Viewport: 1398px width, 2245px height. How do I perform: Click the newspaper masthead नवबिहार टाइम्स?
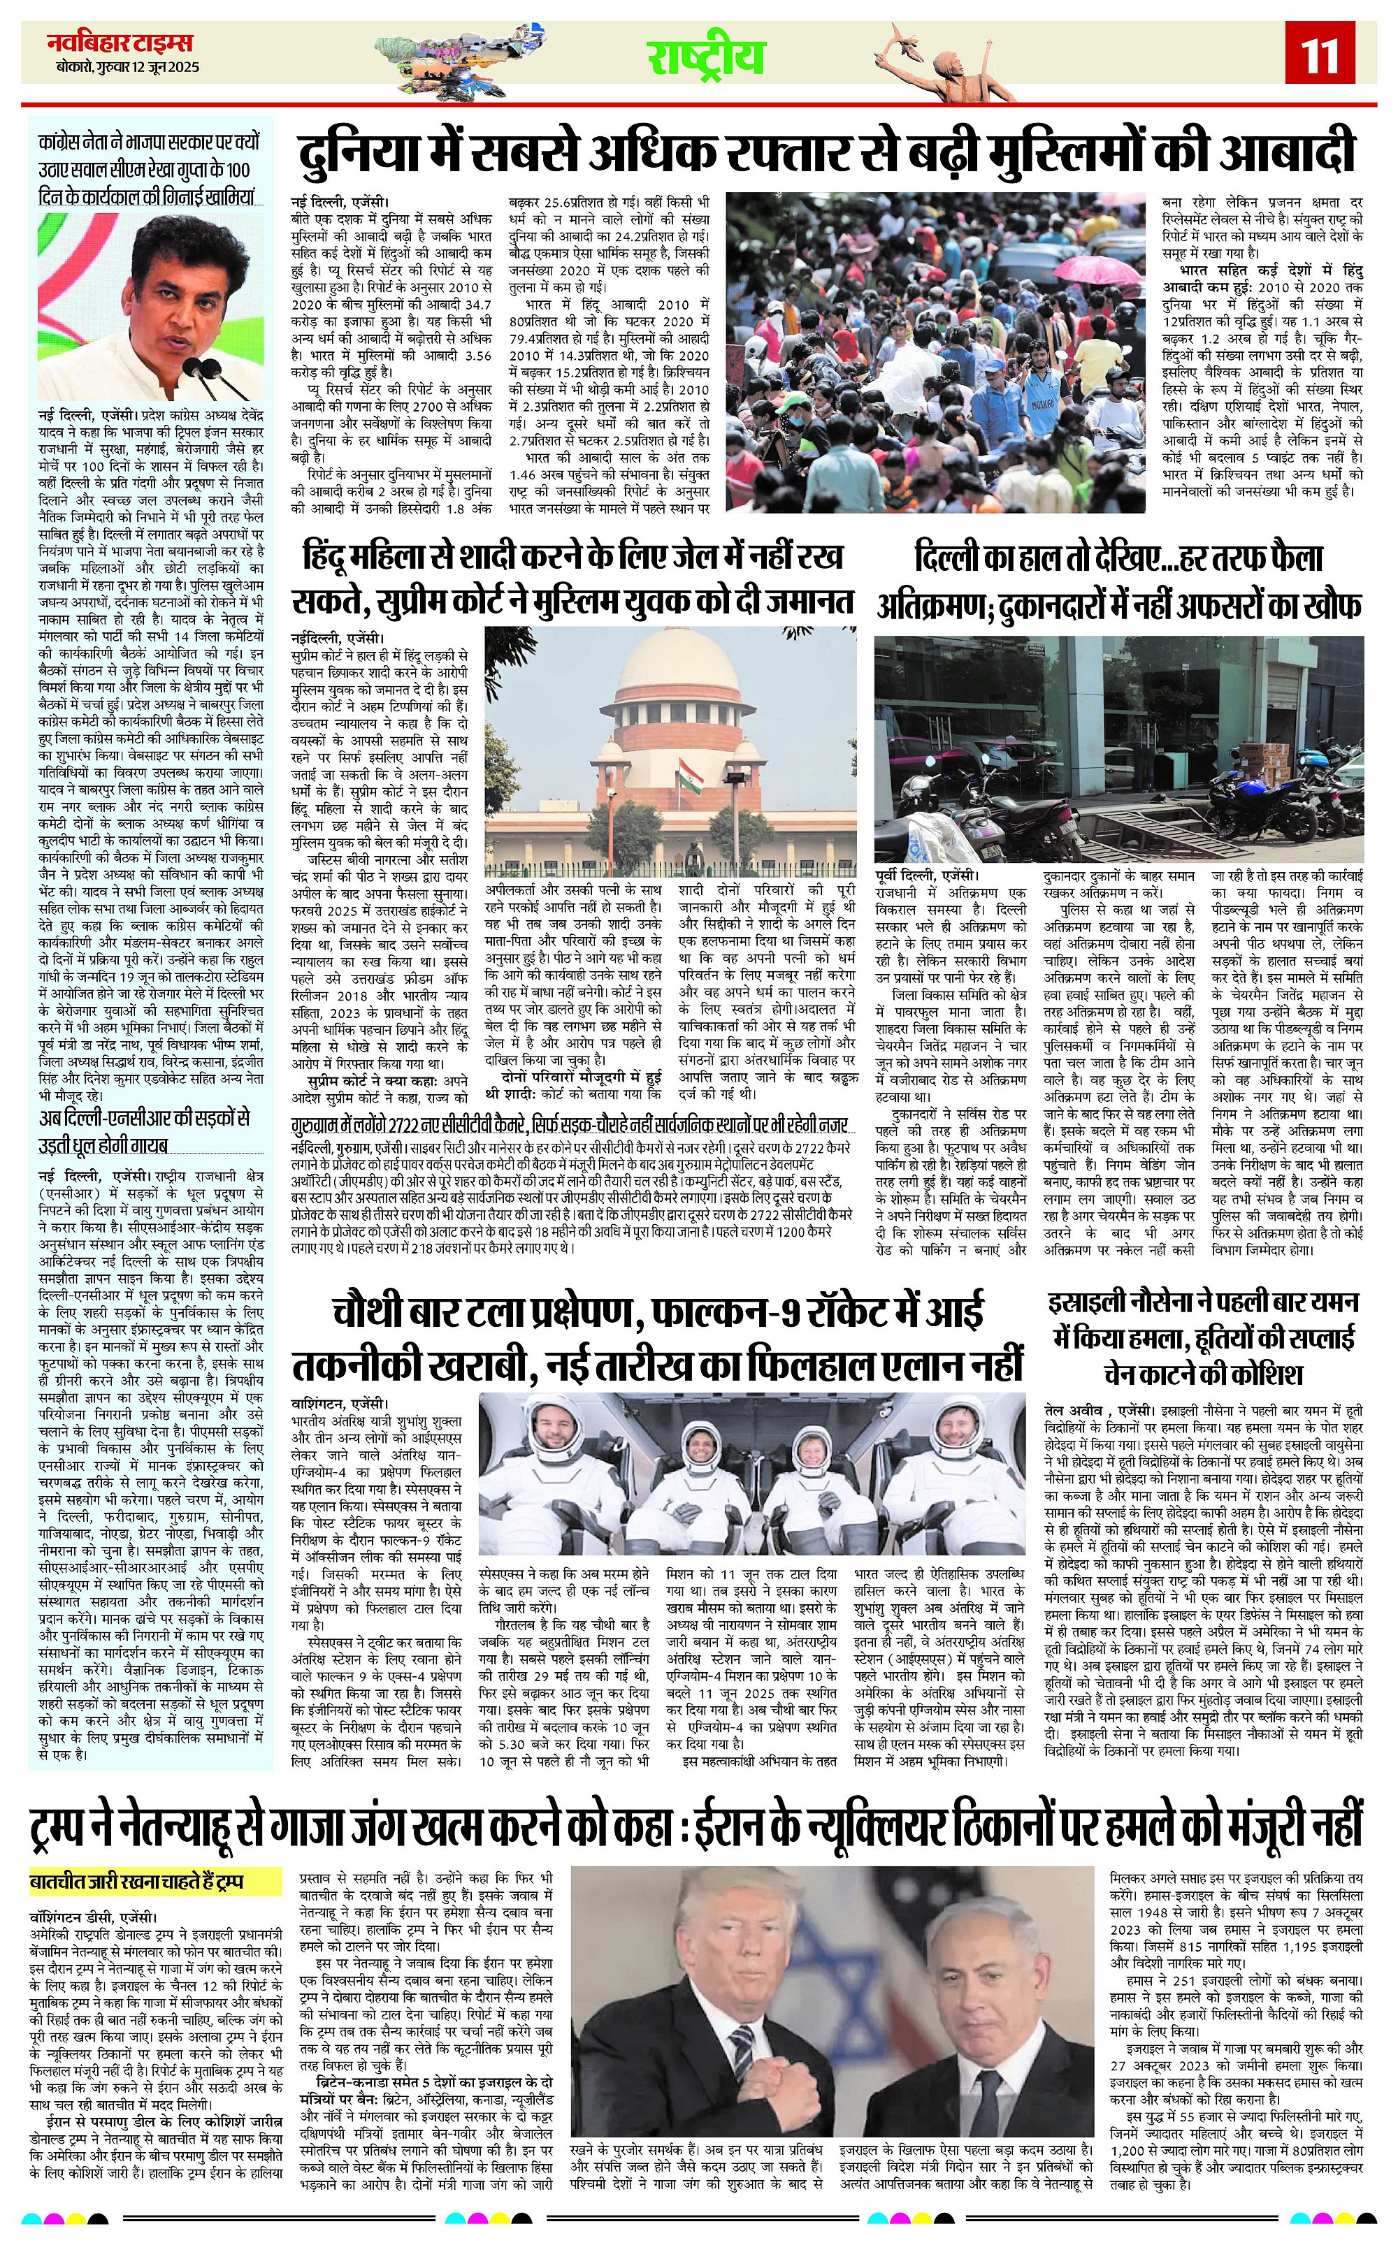pos(120,43)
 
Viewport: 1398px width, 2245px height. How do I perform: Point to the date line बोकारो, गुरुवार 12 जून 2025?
pos(125,68)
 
